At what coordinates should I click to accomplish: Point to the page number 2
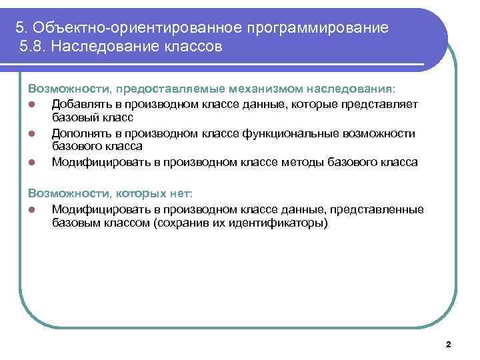[x=448, y=345]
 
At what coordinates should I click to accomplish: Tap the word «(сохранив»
[x=179, y=223]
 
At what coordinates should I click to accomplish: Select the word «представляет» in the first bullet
[x=380, y=102]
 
